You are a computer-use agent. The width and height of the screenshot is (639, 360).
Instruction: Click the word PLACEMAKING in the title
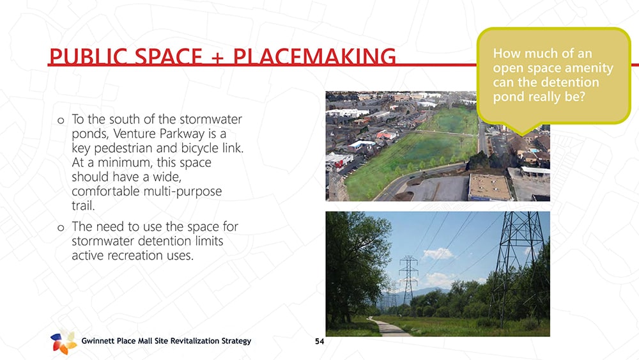(314, 56)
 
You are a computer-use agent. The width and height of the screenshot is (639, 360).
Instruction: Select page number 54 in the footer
(319, 341)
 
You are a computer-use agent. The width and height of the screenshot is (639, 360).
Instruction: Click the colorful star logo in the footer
(63, 341)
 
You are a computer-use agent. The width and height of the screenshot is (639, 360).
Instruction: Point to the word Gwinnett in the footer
(98, 341)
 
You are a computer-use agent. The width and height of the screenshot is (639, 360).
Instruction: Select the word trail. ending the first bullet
(83, 205)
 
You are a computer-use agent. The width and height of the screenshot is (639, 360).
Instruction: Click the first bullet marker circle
(61, 121)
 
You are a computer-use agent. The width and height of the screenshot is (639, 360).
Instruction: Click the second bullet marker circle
(61, 228)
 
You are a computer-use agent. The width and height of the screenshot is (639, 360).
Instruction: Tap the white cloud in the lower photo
(438, 254)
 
